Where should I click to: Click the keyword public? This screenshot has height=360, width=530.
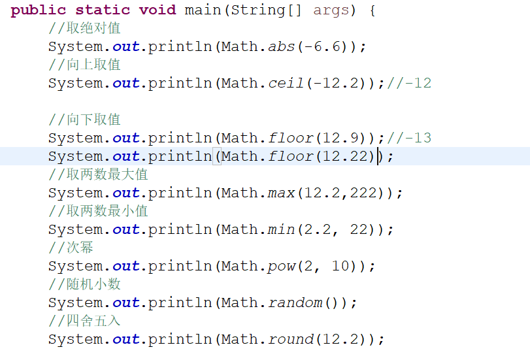pos(39,10)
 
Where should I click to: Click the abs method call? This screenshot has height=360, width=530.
pos(281,46)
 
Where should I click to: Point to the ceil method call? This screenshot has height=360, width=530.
pos(286,83)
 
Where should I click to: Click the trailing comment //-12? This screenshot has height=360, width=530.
pos(408,83)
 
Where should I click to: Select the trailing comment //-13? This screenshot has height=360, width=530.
pos(408,138)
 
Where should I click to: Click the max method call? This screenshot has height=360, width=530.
pos(281,193)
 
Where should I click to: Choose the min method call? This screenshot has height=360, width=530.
pos(281,229)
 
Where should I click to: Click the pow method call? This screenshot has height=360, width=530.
pos(281,266)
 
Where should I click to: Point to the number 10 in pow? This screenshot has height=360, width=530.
pos(340,266)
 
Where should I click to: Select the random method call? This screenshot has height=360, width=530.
pos(295,303)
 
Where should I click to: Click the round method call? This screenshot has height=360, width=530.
pos(290,339)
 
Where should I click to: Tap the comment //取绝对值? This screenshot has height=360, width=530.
pos(84,28)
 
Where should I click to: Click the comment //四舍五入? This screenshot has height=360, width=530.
pos(84,321)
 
